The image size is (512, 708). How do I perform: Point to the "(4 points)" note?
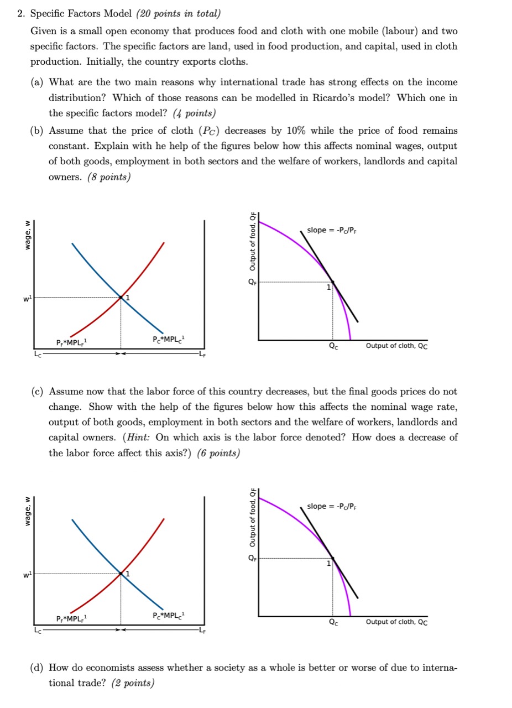pos(194,113)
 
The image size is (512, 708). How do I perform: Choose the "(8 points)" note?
pos(109,178)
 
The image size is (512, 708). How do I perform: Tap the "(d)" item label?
pos(38,668)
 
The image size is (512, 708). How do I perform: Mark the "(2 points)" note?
pos(133,683)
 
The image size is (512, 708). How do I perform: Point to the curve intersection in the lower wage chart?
pos(121,574)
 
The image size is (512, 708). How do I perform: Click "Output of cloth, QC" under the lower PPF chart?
pos(396,622)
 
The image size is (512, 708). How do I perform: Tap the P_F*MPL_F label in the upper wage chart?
pos(71,342)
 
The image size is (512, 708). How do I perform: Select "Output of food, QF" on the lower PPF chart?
pos(252,515)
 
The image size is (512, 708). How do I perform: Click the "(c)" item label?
pos(38,392)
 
